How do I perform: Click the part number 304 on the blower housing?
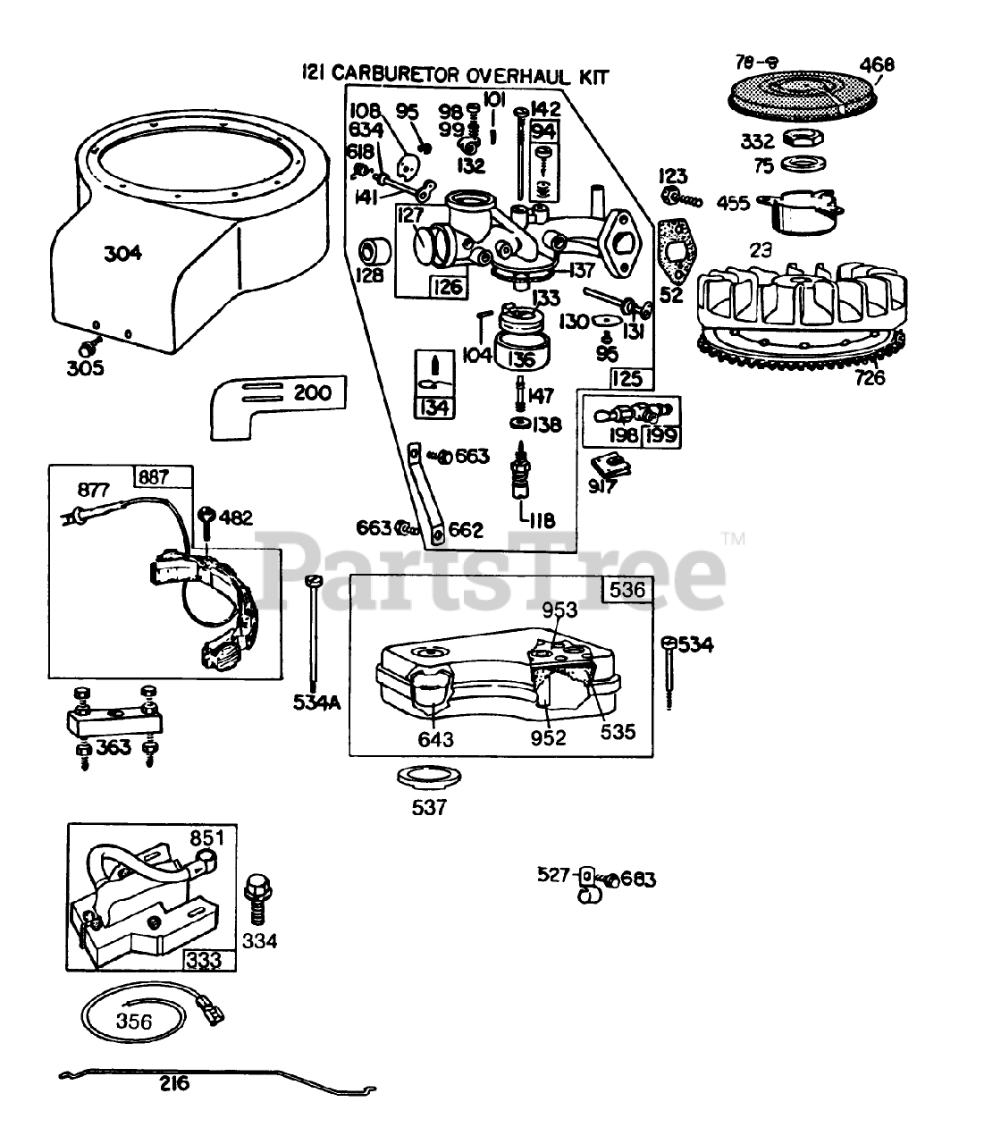pos(122,253)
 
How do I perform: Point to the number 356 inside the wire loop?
pos(134,1021)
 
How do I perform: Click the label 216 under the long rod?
pos(174,1084)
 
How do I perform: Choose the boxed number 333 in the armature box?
pos(205,961)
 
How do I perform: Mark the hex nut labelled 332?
pos(802,139)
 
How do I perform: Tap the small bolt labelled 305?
pos(89,345)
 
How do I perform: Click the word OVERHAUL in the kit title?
pos(506,77)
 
